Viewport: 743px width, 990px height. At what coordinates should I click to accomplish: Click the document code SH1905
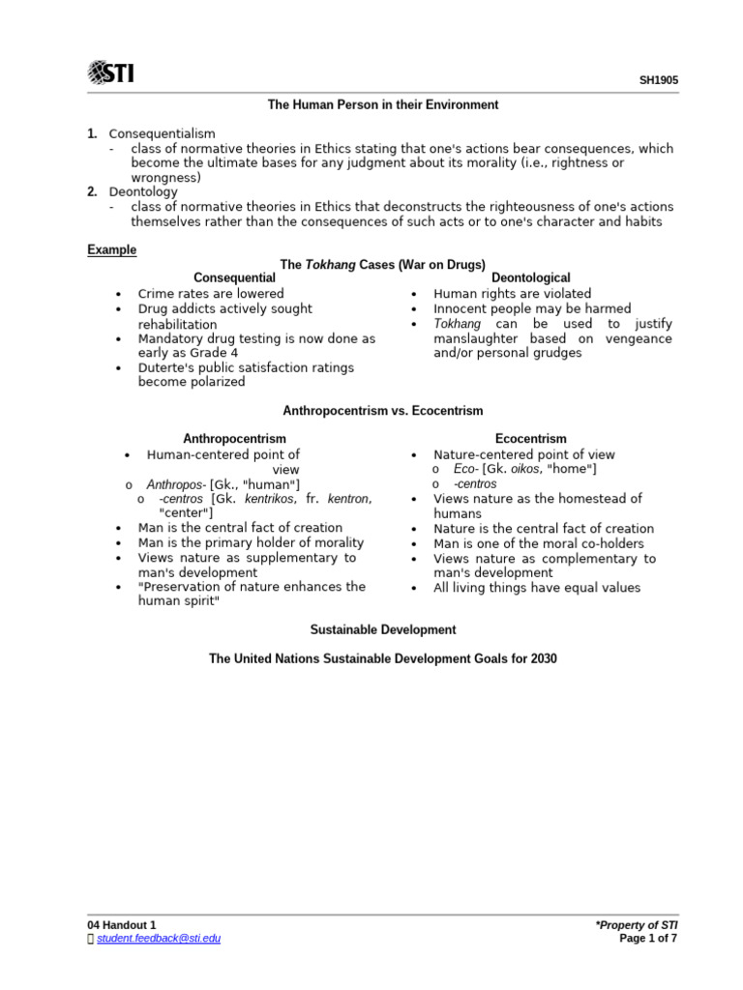[x=658, y=81]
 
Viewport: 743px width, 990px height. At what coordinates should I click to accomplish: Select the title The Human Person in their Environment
[x=383, y=104]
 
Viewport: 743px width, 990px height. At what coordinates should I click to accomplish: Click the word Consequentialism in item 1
[x=163, y=133]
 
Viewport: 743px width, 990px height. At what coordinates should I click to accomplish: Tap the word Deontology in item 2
[x=143, y=192]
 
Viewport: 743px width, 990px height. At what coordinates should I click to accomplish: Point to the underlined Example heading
[x=112, y=249]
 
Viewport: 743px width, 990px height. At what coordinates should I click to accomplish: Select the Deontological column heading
[x=531, y=278]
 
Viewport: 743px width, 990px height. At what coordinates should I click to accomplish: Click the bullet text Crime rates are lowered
[x=211, y=294]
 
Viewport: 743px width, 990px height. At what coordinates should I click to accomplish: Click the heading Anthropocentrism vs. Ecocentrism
[x=382, y=411]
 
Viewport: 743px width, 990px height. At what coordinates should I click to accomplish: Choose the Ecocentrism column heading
[x=531, y=439]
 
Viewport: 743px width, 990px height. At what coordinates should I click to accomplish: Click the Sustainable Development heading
[x=382, y=629]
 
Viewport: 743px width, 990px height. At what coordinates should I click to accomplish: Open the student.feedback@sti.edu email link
[x=159, y=938]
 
